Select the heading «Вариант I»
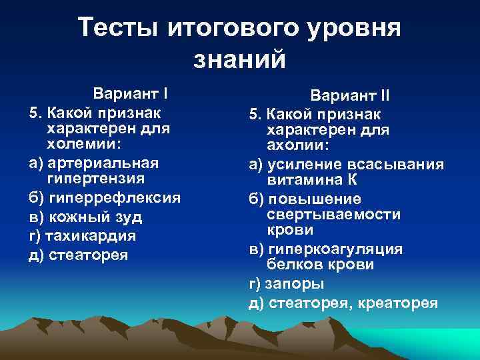click(x=131, y=92)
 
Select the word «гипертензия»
click(x=97, y=179)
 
